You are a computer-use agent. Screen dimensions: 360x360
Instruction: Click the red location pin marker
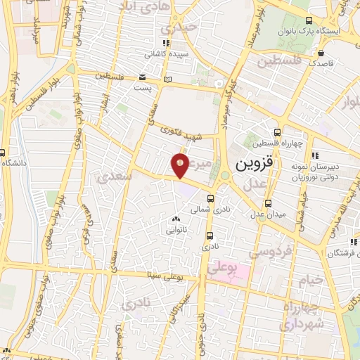click(x=180, y=165)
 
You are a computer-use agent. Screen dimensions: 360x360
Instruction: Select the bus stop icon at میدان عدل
click(x=262, y=218)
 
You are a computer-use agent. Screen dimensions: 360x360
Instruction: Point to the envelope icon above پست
click(x=143, y=77)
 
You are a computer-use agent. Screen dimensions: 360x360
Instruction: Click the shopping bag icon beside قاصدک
click(x=321, y=53)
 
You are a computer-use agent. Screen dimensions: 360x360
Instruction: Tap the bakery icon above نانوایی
click(x=176, y=220)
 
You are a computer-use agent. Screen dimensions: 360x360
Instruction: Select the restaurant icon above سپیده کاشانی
click(x=167, y=43)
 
